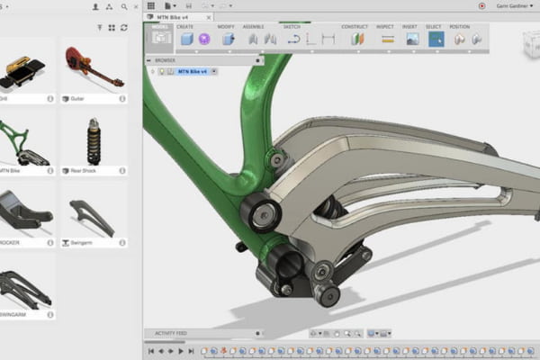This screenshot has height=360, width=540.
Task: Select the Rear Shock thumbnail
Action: [94, 139]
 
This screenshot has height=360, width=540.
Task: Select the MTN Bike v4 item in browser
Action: [194, 71]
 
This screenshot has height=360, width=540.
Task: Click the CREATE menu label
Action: [185, 27]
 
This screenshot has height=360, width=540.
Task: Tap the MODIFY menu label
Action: [226, 27]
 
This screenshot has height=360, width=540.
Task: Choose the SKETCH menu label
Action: [292, 27]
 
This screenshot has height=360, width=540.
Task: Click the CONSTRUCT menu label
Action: [355, 27]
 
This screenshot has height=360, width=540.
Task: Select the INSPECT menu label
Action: [385, 27]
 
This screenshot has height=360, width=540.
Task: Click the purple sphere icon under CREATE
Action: [204, 40]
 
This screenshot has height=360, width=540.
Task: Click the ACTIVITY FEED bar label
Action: [171, 333]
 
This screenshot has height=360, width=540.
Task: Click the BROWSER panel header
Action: [166, 60]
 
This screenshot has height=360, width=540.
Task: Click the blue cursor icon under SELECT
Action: [436, 40]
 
